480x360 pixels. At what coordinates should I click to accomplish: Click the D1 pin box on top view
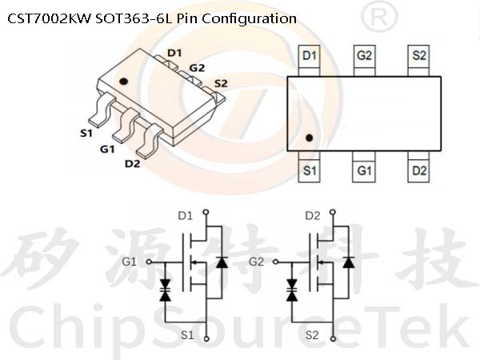tap(309, 60)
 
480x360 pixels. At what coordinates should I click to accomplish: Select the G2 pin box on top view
tap(364, 60)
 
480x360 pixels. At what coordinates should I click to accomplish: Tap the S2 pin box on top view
tap(418, 60)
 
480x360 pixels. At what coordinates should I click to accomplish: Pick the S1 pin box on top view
tap(309, 167)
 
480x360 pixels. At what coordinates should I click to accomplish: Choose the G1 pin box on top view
tap(364, 167)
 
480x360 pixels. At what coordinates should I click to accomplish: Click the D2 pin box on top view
tap(418, 167)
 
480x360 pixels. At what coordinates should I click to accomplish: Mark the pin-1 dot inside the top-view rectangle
tap(309, 138)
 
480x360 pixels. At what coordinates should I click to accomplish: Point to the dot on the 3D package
tap(123, 82)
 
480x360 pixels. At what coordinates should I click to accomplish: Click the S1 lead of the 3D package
tap(101, 110)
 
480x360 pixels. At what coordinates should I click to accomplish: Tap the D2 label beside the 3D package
tap(132, 164)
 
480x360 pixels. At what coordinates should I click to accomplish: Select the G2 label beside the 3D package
tap(197, 68)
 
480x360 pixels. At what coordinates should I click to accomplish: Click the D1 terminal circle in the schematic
tap(206, 212)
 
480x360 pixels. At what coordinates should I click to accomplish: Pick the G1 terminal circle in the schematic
tap(149, 262)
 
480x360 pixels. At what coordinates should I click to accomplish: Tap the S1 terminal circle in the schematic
tap(206, 339)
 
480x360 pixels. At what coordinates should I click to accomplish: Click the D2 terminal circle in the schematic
tap(334, 212)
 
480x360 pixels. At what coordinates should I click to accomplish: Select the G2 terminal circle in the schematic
tap(276, 262)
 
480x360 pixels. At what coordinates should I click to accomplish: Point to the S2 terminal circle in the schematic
tap(334, 339)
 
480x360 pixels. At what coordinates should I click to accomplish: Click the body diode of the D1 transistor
tap(222, 262)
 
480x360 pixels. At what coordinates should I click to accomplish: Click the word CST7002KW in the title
tap(50, 18)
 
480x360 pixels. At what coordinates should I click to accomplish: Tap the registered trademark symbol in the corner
tap(379, 17)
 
